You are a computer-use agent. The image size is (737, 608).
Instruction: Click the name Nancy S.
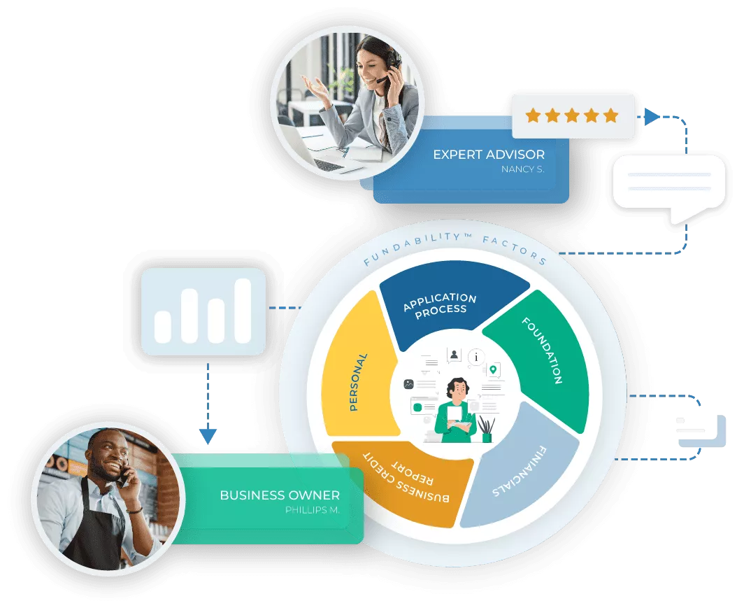pos(522,169)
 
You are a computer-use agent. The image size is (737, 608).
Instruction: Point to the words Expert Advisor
pos(489,154)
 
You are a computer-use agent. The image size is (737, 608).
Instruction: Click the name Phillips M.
pos(312,510)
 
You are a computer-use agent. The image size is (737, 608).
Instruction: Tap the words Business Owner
pos(280,495)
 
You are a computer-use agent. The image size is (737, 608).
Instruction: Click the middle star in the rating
pos(573,115)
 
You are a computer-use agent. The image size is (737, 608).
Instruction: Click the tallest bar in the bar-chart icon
pos(243,311)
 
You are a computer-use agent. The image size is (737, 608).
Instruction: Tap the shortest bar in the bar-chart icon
pos(163,327)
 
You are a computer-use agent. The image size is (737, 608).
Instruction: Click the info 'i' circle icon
pos(477,357)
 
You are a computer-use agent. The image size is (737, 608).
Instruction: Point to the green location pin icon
pos(494,369)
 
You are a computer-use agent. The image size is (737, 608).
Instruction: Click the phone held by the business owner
pos(123,476)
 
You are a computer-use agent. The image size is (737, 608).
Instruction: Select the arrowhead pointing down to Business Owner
pos(207,436)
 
